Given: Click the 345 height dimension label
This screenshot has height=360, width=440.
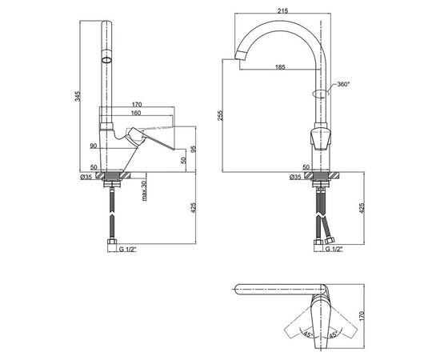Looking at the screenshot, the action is coord(78,96).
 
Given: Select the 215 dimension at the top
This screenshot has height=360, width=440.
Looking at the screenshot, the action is coord(283,11).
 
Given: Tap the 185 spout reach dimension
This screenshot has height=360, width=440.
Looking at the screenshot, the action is coord(280,66).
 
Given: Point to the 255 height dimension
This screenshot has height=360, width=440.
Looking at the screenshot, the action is coord(220,115).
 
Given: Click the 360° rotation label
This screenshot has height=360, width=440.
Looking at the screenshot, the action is coord(343,84).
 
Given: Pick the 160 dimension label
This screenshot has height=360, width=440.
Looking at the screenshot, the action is coord(136,113).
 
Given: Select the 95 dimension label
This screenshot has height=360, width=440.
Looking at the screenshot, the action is coord(193,149).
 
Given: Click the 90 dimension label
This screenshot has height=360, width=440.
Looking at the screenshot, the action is coord(93,146).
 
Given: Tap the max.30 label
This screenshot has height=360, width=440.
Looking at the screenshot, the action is coord(144,190).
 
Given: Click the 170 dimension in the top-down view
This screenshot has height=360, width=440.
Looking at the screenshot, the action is coord(361,316).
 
